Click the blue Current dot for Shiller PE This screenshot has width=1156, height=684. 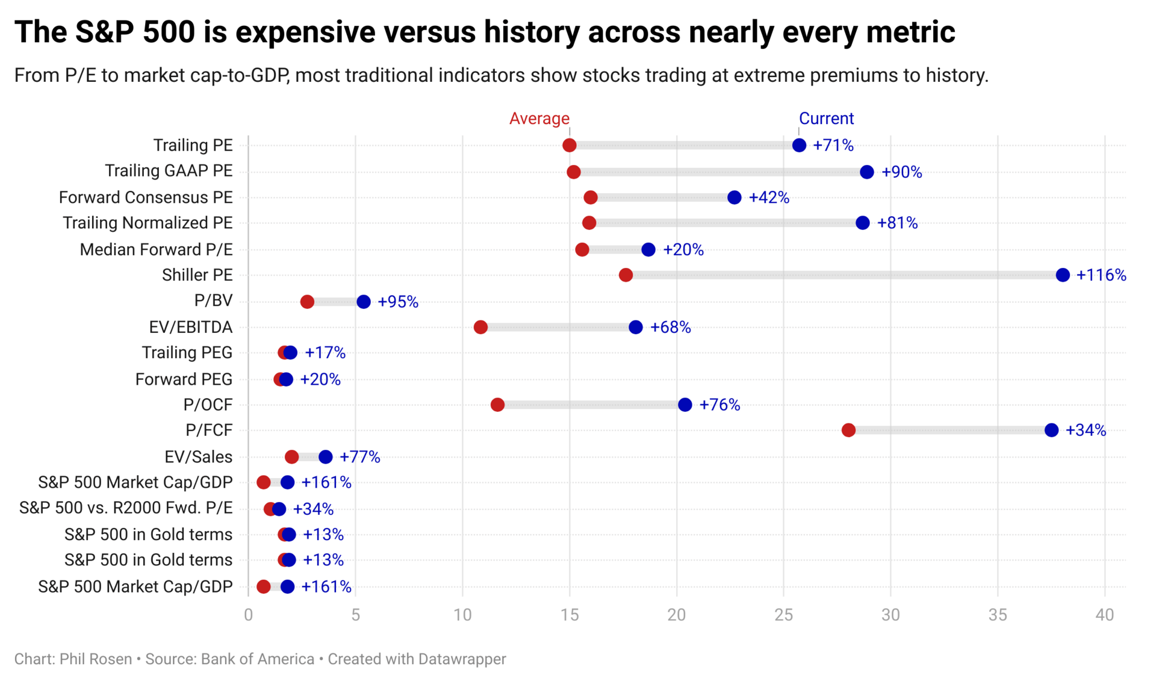[x=1063, y=275]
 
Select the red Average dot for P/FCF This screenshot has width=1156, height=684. [x=848, y=430]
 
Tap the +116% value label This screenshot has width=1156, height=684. [x=1101, y=275]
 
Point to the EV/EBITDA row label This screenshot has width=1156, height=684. [x=190, y=327]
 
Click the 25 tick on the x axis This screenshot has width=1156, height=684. [x=783, y=615]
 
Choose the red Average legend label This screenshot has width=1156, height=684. [x=539, y=119]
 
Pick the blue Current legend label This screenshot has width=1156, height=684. [x=826, y=119]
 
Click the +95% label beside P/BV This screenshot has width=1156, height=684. [x=397, y=302]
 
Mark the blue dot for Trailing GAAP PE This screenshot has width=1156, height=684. [x=867, y=172]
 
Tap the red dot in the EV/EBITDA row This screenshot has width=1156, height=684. [x=480, y=327]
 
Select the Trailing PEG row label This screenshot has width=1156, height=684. [x=187, y=352]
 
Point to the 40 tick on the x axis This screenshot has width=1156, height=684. [x=1104, y=615]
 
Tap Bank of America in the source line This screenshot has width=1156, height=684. [x=258, y=659]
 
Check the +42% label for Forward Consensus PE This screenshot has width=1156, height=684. [x=768, y=197]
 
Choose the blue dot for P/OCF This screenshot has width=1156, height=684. [x=685, y=405]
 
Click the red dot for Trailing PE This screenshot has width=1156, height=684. [x=569, y=145]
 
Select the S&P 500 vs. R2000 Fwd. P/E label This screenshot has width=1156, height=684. [x=126, y=508]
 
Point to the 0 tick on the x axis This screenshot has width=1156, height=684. [x=248, y=615]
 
